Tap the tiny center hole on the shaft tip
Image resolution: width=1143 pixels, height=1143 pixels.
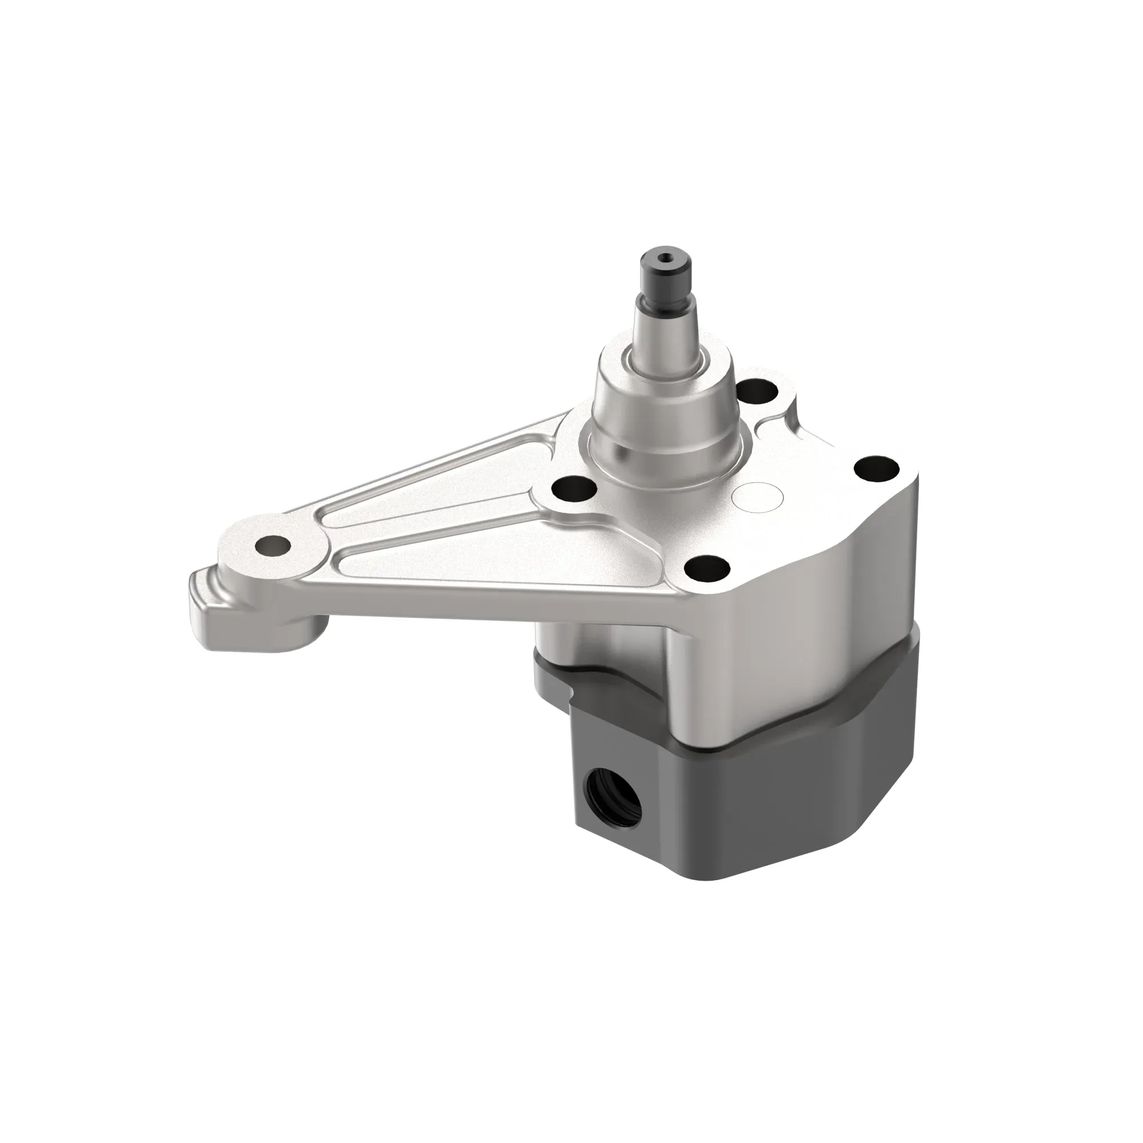click(x=666, y=258)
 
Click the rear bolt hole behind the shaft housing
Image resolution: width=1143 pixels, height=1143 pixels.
click(x=758, y=390)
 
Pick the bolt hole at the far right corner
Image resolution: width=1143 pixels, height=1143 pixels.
click(x=877, y=470)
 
